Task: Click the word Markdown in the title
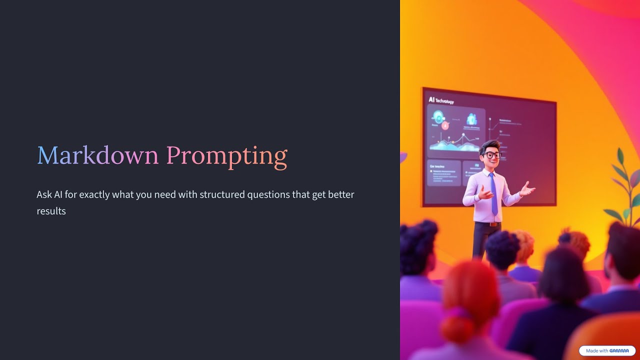point(98,155)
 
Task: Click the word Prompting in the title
point(226,156)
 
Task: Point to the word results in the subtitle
point(51,211)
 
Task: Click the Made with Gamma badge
point(607,351)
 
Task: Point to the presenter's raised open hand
point(527,188)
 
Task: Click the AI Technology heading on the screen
point(441,100)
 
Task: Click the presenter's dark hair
point(488,146)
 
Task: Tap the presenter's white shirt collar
point(489,171)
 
